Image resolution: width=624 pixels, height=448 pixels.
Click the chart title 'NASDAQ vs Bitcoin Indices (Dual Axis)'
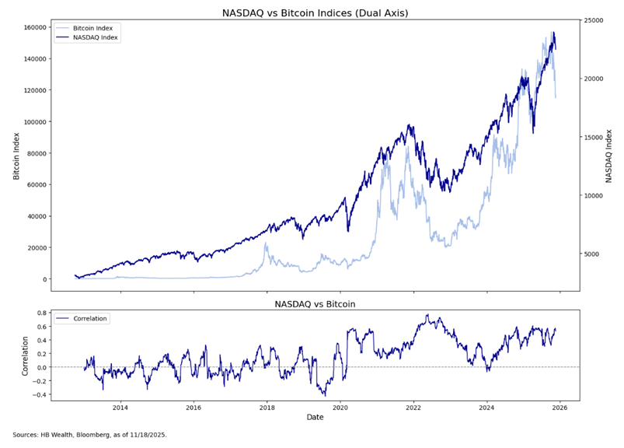point(315,12)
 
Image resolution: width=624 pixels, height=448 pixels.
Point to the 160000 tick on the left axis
point(33,27)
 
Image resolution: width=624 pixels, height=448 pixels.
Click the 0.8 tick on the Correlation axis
point(41,312)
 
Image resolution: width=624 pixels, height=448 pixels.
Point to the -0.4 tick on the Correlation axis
point(40,394)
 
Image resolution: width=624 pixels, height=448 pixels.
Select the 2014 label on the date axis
point(120,408)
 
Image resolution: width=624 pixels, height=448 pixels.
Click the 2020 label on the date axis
point(340,408)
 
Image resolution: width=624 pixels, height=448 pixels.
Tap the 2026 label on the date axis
point(560,408)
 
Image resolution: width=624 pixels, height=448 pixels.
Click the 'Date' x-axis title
point(315,418)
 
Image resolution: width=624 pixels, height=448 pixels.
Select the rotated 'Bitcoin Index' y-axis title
point(16,156)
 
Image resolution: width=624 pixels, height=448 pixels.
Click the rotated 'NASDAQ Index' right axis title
point(610,156)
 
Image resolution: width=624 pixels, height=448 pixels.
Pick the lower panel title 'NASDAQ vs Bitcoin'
point(315,304)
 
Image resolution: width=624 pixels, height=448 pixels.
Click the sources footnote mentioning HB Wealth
point(89,435)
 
